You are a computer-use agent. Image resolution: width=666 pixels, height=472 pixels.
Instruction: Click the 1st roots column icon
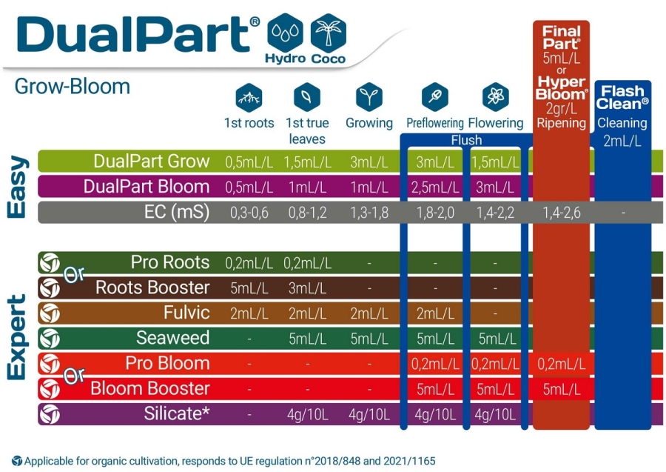[x=249, y=98]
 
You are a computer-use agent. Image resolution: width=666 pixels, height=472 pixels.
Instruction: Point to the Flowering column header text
[x=495, y=123]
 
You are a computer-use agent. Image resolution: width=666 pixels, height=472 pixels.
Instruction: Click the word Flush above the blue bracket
[x=465, y=140]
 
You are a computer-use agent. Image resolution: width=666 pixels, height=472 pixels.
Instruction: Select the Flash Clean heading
[x=623, y=97]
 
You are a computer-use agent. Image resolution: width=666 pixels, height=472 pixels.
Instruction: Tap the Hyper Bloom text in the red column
[x=562, y=87]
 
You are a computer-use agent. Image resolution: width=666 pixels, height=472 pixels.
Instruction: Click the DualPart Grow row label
[x=151, y=162]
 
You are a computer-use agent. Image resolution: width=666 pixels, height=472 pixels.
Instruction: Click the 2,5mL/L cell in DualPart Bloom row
[x=434, y=187]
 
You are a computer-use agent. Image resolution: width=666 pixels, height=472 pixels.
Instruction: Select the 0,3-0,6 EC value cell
[x=249, y=213]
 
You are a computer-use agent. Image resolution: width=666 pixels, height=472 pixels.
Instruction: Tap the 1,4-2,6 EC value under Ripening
[x=561, y=213]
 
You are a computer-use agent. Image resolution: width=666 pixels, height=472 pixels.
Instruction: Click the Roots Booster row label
[x=152, y=287]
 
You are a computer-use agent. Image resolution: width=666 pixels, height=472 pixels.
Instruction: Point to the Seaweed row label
[x=172, y=338]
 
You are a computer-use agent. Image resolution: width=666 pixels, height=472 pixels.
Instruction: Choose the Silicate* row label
[x=176, y=413]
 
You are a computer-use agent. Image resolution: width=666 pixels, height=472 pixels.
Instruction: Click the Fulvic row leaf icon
[x=50, y=313]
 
